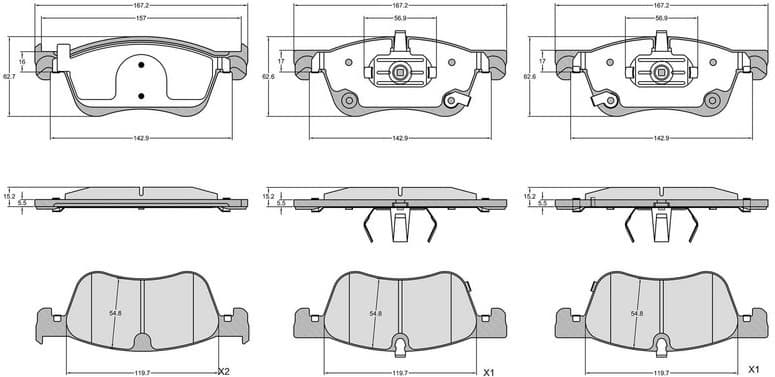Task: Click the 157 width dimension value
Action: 142,19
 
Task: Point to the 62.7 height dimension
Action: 9,76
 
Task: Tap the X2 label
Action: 225,371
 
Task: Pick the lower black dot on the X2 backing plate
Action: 142,95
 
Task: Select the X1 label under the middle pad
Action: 488,372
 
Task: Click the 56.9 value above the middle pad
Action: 400,19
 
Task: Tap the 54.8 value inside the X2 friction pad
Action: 116,314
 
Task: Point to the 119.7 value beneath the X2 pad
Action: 142,372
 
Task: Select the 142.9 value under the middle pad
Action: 400,137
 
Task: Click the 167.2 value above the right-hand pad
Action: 660,6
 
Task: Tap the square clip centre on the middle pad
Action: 400,71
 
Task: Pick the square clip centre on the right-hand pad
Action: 660,71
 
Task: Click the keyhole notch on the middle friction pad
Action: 400,345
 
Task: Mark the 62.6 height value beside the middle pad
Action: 268,76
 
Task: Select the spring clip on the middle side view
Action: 400,225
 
